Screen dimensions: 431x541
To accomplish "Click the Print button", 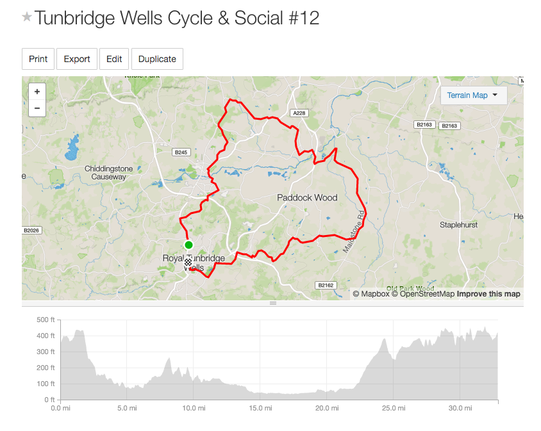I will click(38, 59).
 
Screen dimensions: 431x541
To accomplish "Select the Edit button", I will click(114, 59).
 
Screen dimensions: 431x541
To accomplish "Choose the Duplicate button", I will click(157, 59).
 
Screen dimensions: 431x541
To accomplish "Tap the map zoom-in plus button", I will click(37, 92).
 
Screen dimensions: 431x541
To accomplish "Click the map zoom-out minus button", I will click(37, 108).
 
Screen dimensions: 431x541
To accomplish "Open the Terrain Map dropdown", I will click(473, 95).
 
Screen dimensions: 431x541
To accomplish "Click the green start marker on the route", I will click(188, 245).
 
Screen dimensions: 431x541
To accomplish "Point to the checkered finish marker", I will click(188, 263).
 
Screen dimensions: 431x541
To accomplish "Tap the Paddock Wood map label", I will click(307, 198).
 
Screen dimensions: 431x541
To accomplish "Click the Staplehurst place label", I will click(460, 225).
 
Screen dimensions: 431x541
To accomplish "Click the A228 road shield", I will click(298, 113).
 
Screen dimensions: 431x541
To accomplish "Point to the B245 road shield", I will click(181, 152).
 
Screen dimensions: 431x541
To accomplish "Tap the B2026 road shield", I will click(31, 230).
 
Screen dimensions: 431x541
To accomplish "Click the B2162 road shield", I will click(326, 285).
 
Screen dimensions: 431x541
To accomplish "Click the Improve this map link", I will click(488, 294).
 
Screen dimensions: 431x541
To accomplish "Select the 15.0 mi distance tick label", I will click(260, 408).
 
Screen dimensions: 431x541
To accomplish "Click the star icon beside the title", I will click(27, 17).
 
